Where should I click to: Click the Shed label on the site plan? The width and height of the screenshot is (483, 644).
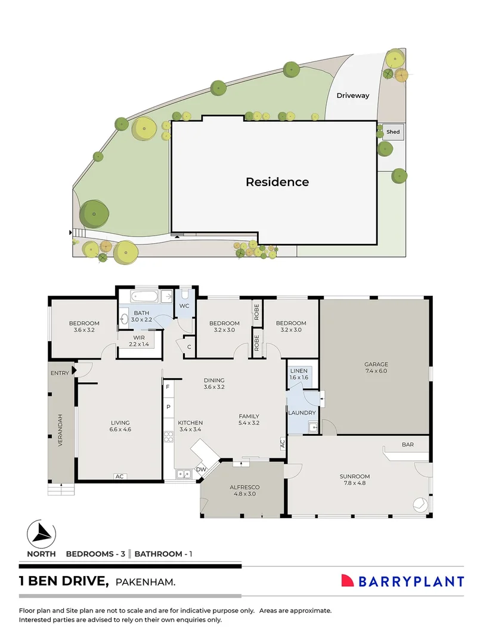pyautogui.click(x=393, y=132)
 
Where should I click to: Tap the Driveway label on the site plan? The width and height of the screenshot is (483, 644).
pyautogui.click(x=352, y=95)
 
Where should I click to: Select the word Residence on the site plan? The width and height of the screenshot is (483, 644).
pyautogui.click(x=277, y=182)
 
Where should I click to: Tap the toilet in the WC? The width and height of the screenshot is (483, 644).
pyautogui.click(x=185, y=295)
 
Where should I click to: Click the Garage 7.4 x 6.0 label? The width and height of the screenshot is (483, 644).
pyautogui.click(x=376, y=367)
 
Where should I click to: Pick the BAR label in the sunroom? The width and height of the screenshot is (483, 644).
pyautogui.click(x=407, y=445)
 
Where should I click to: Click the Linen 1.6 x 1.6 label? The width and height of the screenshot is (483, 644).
pyautogui.click(x=299, y=374)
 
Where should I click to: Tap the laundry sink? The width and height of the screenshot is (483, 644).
pyautogui.click(x=312, y=426)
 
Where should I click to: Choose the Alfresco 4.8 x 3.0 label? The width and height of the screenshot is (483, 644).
pyautogui.click(x=244, y=490)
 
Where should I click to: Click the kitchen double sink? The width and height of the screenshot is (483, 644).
pyautogui.click(x=183, y=474)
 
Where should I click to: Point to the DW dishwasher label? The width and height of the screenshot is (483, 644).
pyautogui.click(x=200, y=469)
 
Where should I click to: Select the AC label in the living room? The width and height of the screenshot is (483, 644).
pyautogui.click(x=119, y=476)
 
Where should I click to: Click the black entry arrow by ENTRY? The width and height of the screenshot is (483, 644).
pyautogui.click(x=74, y=371)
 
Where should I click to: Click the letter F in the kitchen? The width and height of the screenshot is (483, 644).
pyautogui.click(x=169, y=388)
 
